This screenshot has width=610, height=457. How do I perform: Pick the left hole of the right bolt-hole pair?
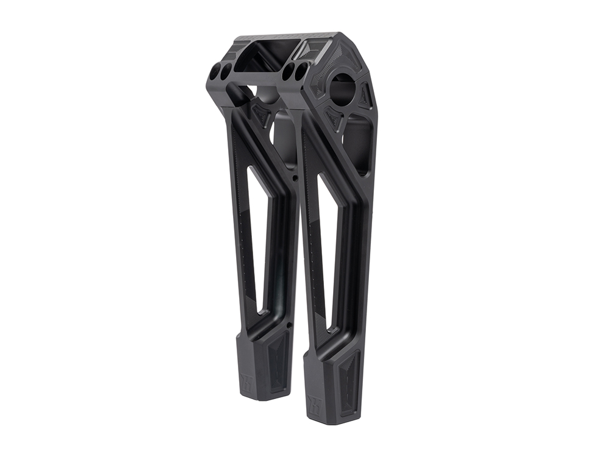[x=290, y=72]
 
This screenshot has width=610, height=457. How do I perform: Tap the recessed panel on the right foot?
[x=349, y=378]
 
